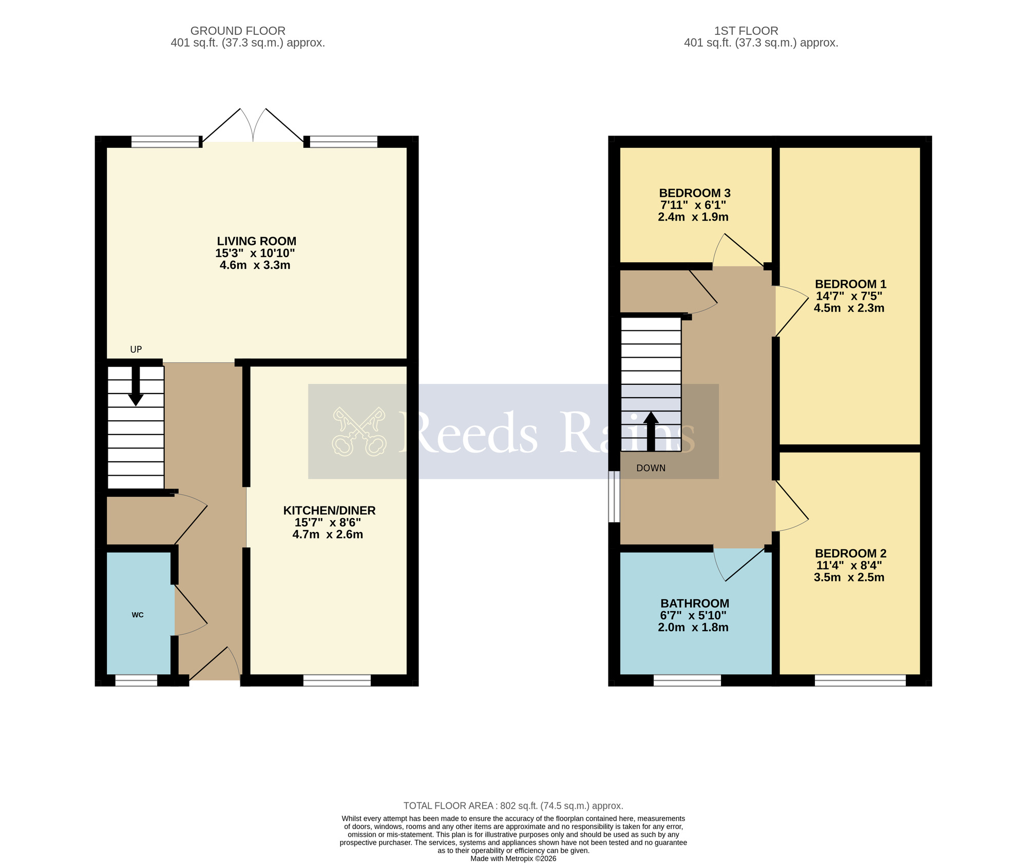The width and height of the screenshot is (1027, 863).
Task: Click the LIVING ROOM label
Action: pyautogui.click(x=256, y=241)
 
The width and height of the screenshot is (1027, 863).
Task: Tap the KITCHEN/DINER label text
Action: pyautogui.click(x=329, y=511)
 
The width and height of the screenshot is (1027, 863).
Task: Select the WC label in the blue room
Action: pyautogui.click(x=138, y=615)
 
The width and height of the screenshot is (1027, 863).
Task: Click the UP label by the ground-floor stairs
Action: pyautogui.click(x=136, y=349)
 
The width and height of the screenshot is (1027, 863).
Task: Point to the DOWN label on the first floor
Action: pyautogui.click(x=651, y=468)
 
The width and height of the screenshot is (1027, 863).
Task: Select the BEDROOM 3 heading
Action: pyautogui.click(x=694, y=193)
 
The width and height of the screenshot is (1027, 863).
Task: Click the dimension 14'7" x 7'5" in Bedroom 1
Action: pyautogui.click(x=849, y=296)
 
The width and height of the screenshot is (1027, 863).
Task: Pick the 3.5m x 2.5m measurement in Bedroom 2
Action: pyautogui.click(x=849, y=577)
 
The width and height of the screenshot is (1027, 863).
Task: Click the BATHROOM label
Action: pyautogui.click(x=694, y=603)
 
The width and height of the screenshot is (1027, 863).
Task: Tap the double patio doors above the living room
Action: pyautogui.click(x=253, y=126)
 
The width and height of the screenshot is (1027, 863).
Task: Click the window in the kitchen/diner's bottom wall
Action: pyautogui.click(x=337, y=680)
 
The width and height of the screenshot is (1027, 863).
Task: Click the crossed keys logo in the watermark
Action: pyautogui.click(x=359, y=431)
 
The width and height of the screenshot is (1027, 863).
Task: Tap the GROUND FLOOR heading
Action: pyautogui.click(x=238, y=31)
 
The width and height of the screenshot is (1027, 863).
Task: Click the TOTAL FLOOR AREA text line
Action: pyautogui.click(x=513, y=806)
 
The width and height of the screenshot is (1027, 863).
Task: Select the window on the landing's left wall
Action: pyautogui.click(x=614, y=497)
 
